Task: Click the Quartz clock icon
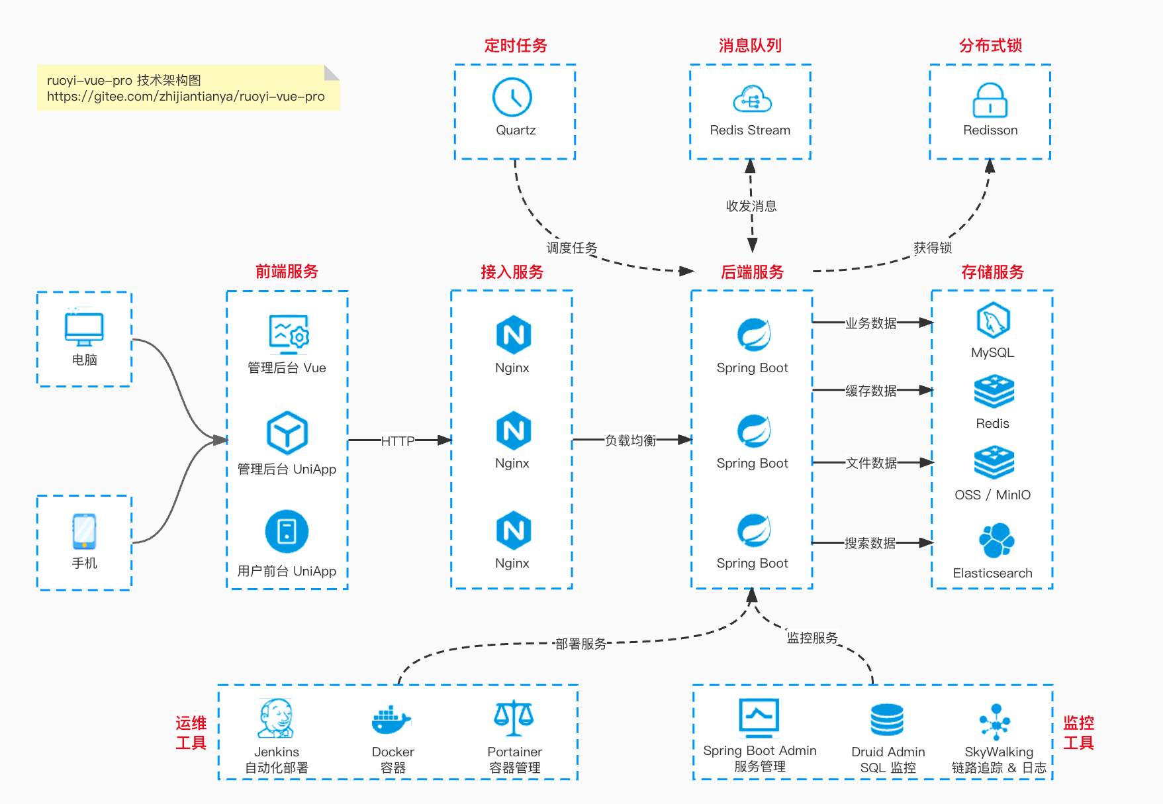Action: click(512, 97)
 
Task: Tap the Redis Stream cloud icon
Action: click(752, 99)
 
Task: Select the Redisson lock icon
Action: click(990, 100)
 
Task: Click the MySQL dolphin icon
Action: click(993, 321)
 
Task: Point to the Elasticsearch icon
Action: click(996, 540)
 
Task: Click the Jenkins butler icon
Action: click(276, 719)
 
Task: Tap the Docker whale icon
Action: click(391, 720)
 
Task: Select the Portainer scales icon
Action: click(514, 719)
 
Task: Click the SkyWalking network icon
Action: click(996, 721)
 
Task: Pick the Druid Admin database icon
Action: click(887, 720)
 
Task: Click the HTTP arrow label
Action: click(398, 441)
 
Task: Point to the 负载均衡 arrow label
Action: click(630, 440)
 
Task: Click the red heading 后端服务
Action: click(752, 272)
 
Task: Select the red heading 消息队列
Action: click(750, 46)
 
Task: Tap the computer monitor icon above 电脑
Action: click(84, 328)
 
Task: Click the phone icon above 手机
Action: click(84, 531)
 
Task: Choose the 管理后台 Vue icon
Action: click(289, 334)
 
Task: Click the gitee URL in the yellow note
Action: click(185, 97)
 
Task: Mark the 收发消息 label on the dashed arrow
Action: click(751, 206)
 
